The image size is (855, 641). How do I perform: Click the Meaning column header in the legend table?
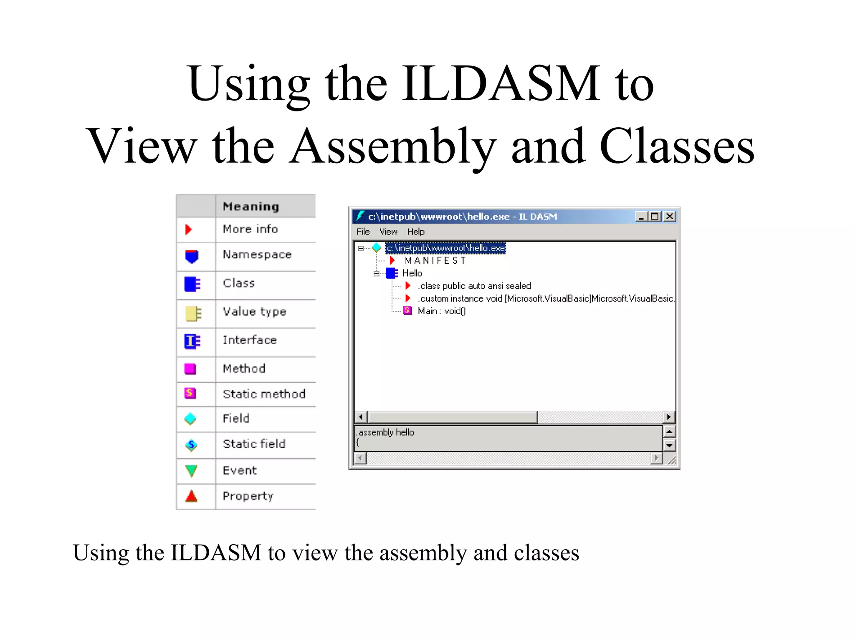(251, 207)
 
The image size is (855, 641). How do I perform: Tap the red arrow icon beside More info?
(189, 229)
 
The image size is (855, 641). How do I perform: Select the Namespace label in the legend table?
(257, 255)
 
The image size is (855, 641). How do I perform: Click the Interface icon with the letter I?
(192, 341)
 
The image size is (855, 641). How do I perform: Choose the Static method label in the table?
(264, 394)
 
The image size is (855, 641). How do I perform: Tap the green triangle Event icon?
(191, 471)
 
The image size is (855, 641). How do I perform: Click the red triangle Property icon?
(191, 496)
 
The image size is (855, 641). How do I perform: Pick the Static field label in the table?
(254, 444)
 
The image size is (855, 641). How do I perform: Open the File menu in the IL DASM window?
(363, 232)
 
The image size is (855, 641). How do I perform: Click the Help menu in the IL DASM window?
(415, 232)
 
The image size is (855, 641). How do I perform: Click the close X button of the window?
(670, 216)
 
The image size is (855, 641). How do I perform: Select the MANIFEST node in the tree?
(435, 261)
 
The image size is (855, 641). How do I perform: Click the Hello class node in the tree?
(412, 273)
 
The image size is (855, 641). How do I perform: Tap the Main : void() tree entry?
(441, 311)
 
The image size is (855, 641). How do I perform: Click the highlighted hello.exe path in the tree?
(445, 248)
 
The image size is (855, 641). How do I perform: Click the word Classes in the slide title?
(677, 146)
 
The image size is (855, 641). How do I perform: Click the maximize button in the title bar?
(655, 216)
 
